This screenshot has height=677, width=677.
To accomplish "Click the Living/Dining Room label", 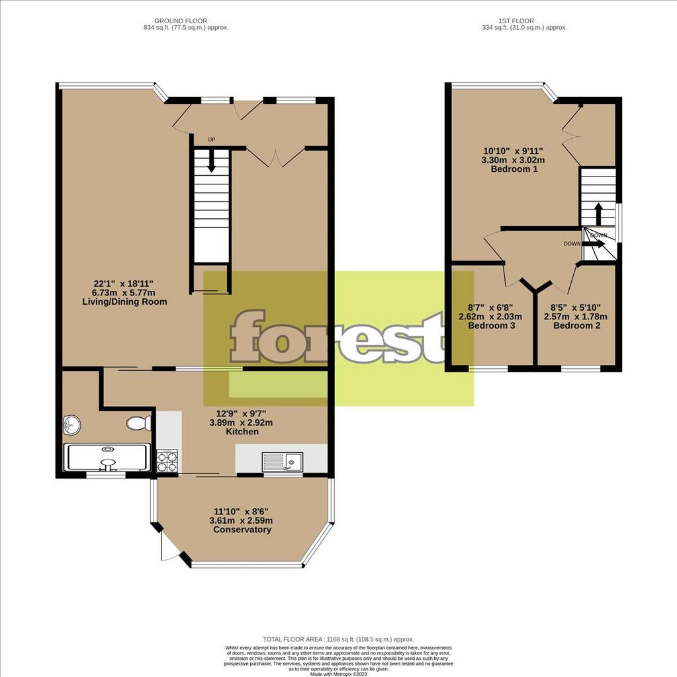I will click(x=124, y=301).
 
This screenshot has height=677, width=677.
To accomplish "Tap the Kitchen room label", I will click(x=241, y=431).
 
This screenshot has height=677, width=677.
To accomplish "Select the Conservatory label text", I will click(x=240, y=530).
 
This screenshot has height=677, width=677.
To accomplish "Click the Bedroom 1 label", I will click(x=514, y=169).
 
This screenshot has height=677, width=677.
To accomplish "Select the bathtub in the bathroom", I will click(x=106, y=458).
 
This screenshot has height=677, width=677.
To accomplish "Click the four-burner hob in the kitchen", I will click(x=166, y=461).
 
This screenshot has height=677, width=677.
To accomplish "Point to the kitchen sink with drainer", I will click(x=281, y=460).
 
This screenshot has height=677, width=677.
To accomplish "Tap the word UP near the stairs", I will click(x=211, y=139).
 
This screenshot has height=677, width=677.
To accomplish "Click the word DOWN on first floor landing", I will click(x=572, y=243).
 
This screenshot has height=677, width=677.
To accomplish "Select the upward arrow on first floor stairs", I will click(x=598, y=213).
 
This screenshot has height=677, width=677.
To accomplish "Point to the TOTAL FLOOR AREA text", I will click(x=338, y=639).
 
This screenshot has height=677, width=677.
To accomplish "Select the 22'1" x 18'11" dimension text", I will click(x=124, y=284).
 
